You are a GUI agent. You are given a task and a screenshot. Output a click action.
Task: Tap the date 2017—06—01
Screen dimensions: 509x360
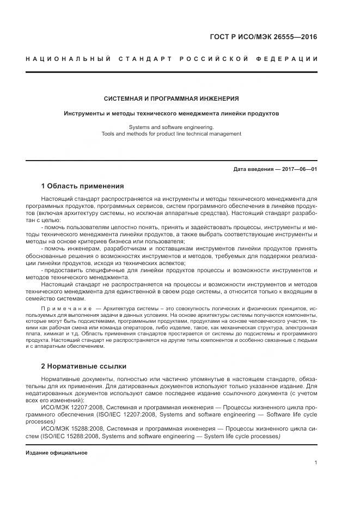click(x=299, y=169)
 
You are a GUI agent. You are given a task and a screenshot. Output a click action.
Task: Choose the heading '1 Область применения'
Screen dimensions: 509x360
click(x=82, y=186)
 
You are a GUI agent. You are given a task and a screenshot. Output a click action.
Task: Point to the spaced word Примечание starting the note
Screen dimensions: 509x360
click(x=66, y=308)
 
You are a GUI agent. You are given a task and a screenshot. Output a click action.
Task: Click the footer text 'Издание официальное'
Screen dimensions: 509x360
click(x=57, y=453)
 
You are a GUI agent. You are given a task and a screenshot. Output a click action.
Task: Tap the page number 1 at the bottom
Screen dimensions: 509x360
click(x=316, y=463)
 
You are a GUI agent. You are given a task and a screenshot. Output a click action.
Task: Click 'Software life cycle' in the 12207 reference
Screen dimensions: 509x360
click(x=294, y=414)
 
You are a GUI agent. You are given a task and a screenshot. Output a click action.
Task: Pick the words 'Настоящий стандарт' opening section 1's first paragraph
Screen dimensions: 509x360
click(x=66, y=200)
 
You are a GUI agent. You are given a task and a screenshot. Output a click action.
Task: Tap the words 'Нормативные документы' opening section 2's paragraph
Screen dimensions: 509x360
click(x=71, y=378)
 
